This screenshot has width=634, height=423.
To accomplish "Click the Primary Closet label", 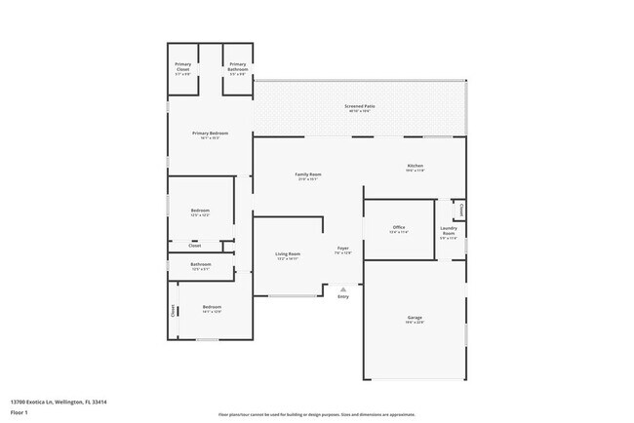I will pyautogui.click(x=183, y=66).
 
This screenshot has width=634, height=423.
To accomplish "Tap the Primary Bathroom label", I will pyautogui.click(x=238, y=66).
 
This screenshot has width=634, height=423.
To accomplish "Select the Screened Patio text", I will pyautogui.click(x=359, y=106).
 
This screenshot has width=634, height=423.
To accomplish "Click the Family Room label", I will pyautogui.click(x=308, y=174).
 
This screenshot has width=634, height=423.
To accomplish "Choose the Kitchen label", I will pyautogui.click(x=416, y=166).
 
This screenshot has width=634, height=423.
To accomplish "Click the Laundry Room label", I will pyautogui.click(x=449, y=231).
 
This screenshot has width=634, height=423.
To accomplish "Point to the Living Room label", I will pyautogui.click(x=288, y=254).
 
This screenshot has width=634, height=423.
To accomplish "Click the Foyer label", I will pyautogui.click(x=343, y=249).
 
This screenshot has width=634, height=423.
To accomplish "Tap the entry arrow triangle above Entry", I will pyautogui.click(x=342, y=288).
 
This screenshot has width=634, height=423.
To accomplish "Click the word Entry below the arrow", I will pyautogui.click(x=342, y=296).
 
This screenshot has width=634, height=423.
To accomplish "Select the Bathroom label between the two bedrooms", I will pyautogui.click(x=201, y=264).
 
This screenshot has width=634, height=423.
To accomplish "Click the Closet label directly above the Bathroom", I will pyautogui.click(x=195, y=246).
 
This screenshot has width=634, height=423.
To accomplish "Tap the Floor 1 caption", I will pyautogui.click(x=20, y=412).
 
